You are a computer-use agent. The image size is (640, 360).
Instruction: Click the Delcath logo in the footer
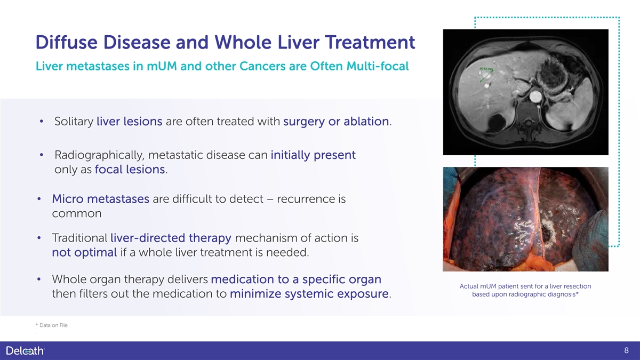click(x=25, y=350)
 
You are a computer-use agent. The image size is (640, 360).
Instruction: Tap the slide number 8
click(x=626, y=350)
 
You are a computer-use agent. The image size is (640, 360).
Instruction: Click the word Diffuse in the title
click(x=67, y=42)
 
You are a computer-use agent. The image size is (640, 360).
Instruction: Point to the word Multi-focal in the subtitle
click(x=378, y=66)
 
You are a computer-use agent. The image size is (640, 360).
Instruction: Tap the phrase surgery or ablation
click(x=336, y=122)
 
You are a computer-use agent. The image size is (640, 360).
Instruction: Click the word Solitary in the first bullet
click(x=74, y=122)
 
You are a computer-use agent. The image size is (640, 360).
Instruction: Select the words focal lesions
click(x=130, y=170)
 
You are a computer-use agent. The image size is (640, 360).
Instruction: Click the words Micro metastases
click(x=101, y=199)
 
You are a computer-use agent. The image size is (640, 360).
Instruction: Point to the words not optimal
click(x=84, y=253)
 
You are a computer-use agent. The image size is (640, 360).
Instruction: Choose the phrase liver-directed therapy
click(x=171, y=238)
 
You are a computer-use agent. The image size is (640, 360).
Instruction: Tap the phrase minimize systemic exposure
click(x=309, y=294)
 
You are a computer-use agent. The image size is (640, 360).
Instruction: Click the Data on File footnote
click(x=52, y=325)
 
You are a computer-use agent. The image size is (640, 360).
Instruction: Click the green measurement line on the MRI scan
click(x=486, y=76)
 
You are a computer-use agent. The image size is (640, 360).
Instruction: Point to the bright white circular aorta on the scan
click(x=535, y=97)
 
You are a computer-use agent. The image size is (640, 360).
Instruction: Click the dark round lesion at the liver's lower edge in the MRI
click(x=497, y=122)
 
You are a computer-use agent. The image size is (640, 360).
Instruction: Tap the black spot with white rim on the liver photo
click(x=546, y=234)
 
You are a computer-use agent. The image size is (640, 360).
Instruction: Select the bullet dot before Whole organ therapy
click(x=39, y=279)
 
